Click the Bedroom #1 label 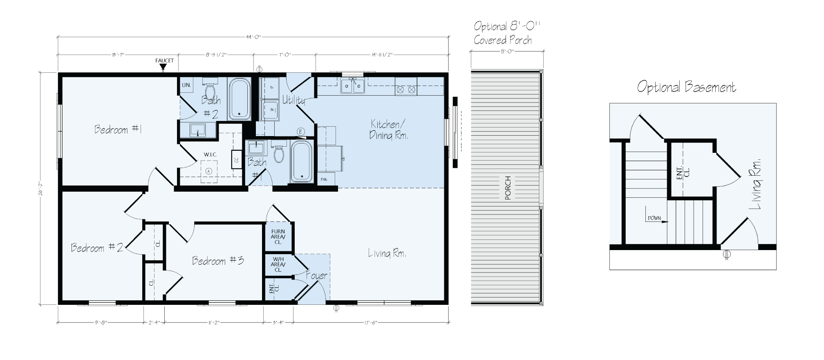pos(118,130)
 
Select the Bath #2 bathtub pos(240,99)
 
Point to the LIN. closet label pos(186,85)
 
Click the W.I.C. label pos(210,154)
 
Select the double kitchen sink pos(353,86)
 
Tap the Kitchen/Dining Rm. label pos(388,130)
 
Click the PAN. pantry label pos(324,179)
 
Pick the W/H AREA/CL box pos(278,264)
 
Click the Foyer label pos(317,276)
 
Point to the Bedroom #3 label pos(218,261)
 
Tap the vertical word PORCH pos(508,188)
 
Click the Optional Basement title pos(687,87)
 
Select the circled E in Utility pos(300,131)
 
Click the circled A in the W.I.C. pos(209,171)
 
